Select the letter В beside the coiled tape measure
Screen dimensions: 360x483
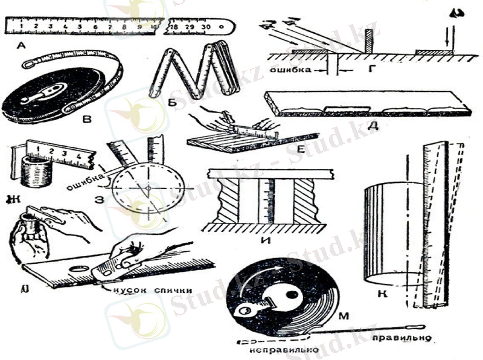pyautogui.click(x=87, y=120)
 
